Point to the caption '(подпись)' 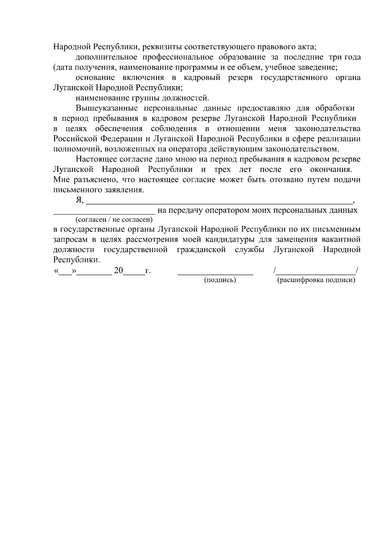point(220,280)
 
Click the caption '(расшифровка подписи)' point(316,280)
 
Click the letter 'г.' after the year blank point(148,271)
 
